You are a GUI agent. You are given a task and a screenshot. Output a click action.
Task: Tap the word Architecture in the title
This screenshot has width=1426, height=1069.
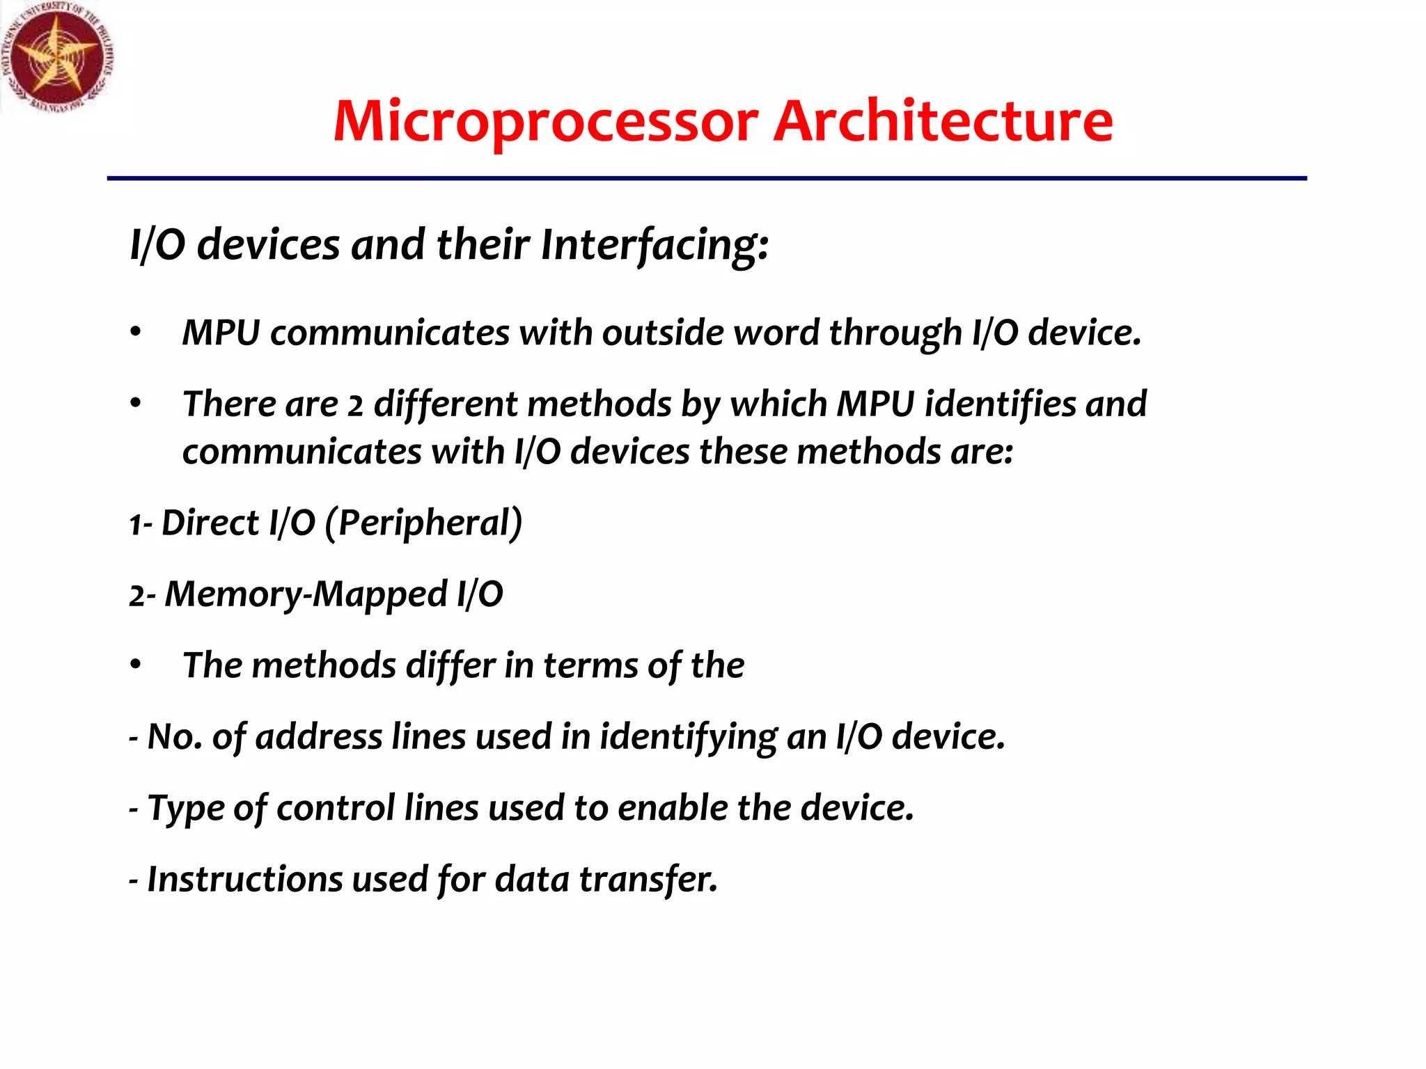943,122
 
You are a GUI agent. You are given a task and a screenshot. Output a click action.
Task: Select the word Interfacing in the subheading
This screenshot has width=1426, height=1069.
654,246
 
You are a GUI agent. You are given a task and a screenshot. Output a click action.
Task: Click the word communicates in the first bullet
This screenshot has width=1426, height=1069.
390,333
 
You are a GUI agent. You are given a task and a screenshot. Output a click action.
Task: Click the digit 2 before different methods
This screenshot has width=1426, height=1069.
355,406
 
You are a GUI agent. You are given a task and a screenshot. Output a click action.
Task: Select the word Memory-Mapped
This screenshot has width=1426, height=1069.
306,595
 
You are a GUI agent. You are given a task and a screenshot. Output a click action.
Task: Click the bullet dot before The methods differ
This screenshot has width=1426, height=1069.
136,665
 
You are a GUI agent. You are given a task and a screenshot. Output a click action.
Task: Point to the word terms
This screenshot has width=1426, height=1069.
590,665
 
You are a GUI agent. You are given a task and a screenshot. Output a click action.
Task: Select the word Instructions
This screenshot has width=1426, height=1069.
244,879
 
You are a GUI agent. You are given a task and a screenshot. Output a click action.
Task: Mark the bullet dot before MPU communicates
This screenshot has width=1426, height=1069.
136,332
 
